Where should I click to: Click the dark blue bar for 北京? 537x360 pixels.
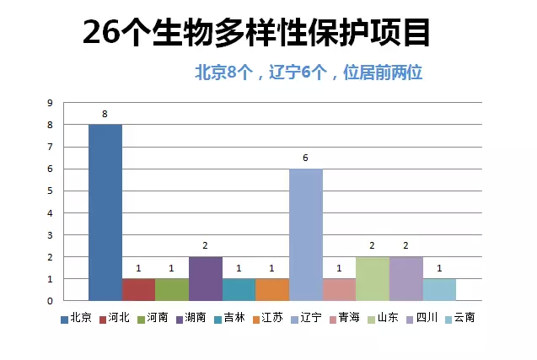[105, 212]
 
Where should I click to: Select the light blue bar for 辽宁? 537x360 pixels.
[306, 234]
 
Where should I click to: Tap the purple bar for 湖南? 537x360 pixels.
[206, 279]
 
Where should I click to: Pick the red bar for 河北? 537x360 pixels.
[138, 290]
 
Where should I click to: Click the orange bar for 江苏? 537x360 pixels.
[272, 290]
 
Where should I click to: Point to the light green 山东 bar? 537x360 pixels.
[373, 279]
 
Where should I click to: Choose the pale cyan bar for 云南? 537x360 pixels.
[439, 290]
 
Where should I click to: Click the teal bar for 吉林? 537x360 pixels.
[239, 290]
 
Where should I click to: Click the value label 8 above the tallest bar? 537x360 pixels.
[105, 114]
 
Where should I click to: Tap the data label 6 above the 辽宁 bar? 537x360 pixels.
[305, 158]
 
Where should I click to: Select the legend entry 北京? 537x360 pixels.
[76, 318]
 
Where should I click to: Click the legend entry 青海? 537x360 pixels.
[345, 318]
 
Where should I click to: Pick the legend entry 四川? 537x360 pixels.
[422, 318]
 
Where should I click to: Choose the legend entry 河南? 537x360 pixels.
[153, 318]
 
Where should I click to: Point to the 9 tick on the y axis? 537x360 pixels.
[50, 103]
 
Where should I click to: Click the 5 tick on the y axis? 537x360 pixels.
[50, 191]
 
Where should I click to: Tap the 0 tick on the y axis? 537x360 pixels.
[50, 301]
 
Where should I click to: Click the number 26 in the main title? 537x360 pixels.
[102, 32]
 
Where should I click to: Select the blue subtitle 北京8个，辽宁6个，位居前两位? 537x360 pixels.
[309, 73]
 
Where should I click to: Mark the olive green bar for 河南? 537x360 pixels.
[172, 290]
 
